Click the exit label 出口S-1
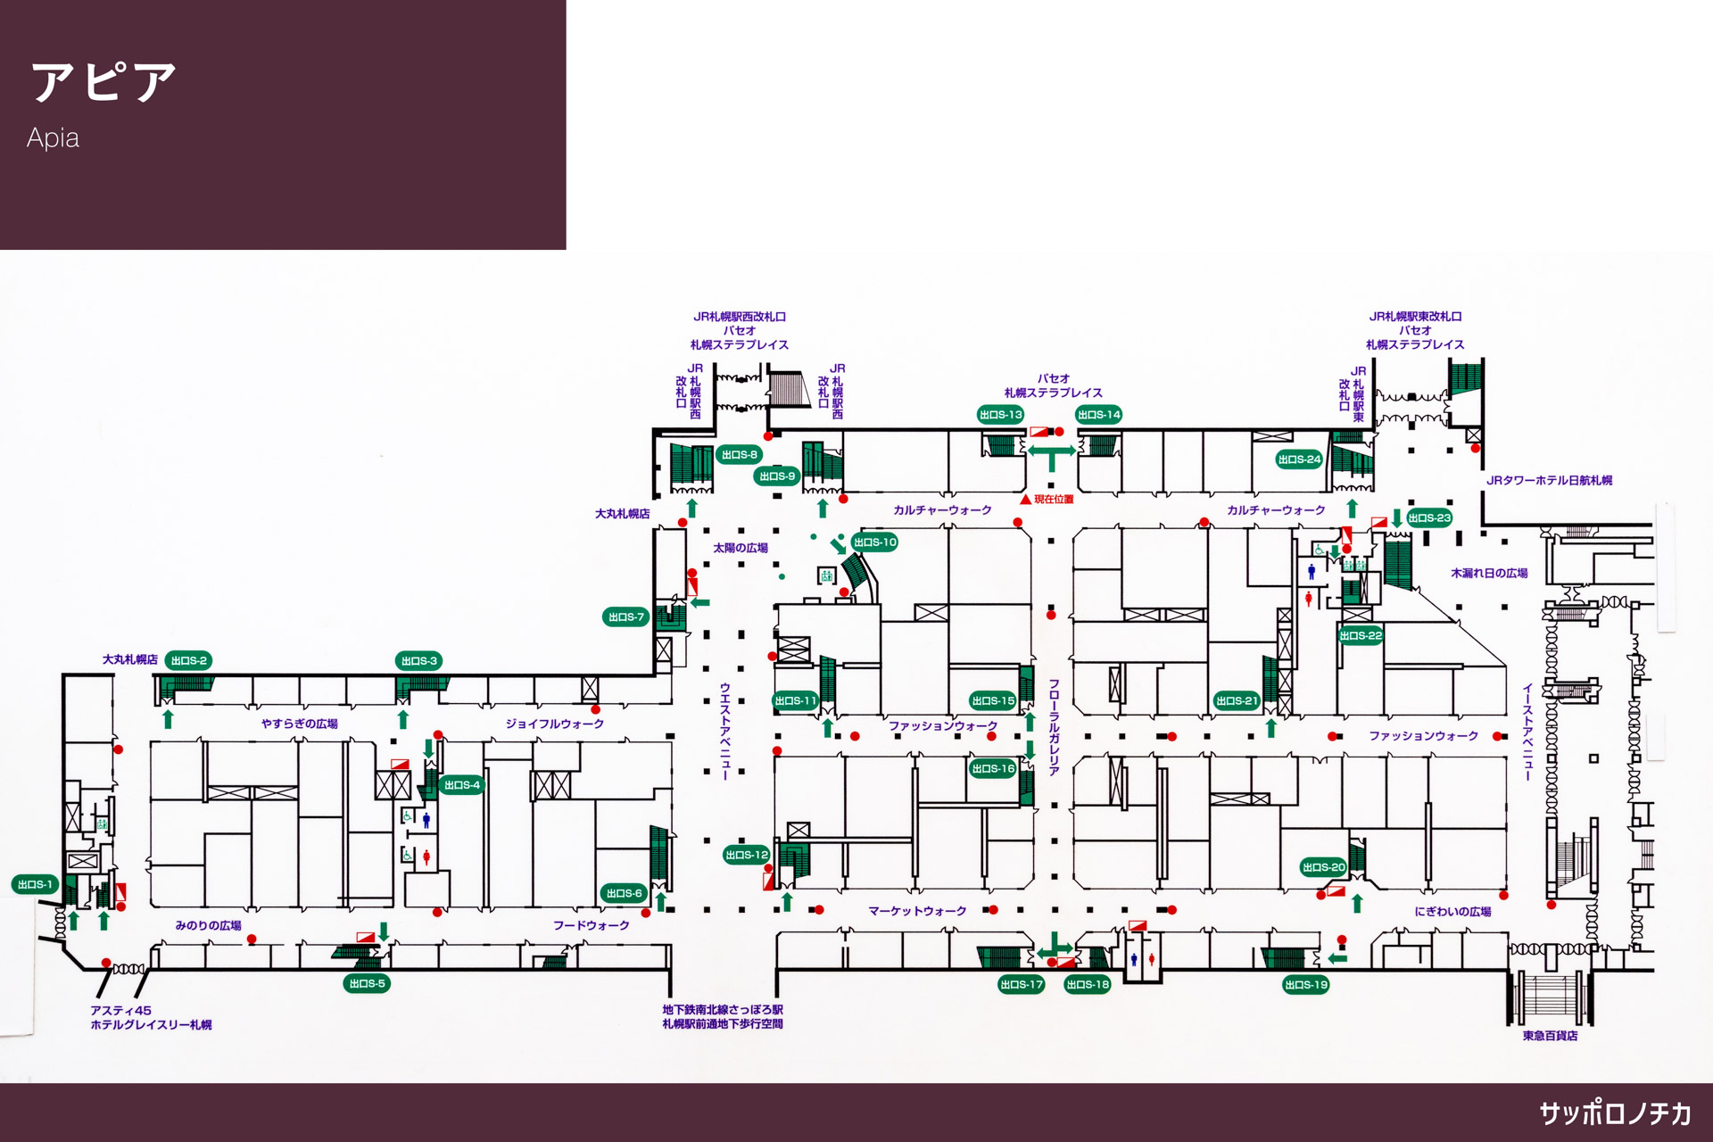click(35, 884)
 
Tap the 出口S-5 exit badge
click(367, 983)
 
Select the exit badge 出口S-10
click(874, 542)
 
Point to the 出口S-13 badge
click(1000, 414)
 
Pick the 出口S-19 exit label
click(1305, 984)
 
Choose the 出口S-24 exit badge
click(1298, 459)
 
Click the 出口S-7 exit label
click(625, 617)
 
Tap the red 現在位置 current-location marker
click(1026, 499)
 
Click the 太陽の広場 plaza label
click(740, 548)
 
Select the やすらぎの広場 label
click(299, 724)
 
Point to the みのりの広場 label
click(208, 925)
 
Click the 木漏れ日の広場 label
click(1488, 573)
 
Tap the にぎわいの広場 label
click(1452, 911)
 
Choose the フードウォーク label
click(591, 925)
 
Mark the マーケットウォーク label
click(917, 911)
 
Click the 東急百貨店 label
click(1550, 1036)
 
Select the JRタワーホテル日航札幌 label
click(1549, 480)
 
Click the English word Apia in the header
click(53, 138)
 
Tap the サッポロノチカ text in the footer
click(1615, 1113)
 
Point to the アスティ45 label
click(120, 1010)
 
